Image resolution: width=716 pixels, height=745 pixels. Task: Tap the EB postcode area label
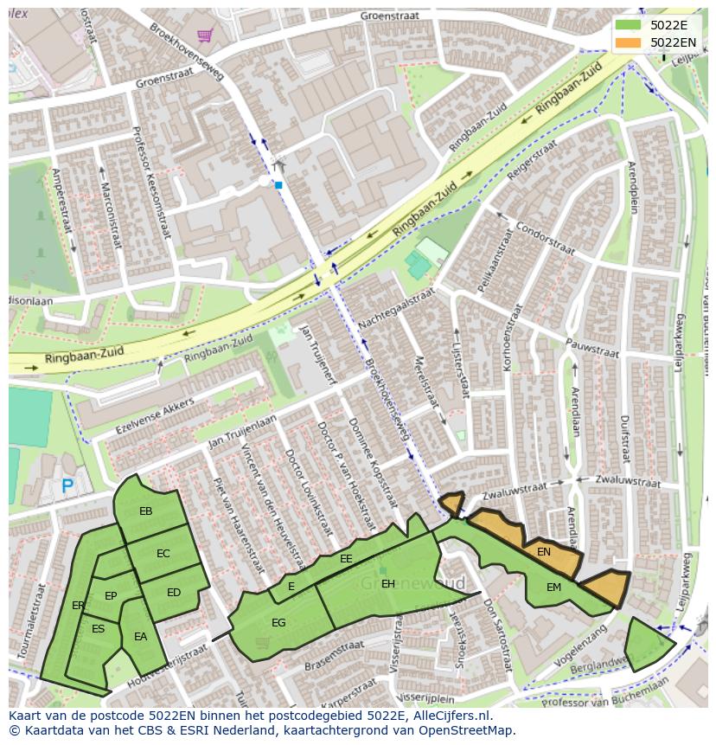click(x=145, y=511)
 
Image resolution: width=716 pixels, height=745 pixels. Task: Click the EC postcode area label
click(x=163, y=554)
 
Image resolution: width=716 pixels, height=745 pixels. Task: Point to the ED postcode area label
click(x=174, y=593)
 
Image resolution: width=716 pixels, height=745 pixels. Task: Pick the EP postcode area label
click(x=111, y=596)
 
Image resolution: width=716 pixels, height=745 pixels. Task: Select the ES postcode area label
click(x=98, y=629)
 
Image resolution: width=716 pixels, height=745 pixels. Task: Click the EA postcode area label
click(x=140, y=638)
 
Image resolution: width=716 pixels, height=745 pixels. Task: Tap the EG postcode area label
click(x=278, y=623)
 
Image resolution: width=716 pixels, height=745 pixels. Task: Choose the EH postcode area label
click(x=388, y=585)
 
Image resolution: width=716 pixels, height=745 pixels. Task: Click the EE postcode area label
click(x=346, y=560)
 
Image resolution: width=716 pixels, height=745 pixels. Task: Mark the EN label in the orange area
click(x=544, y=552)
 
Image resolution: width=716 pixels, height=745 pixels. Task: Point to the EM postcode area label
click(x=553, y=588)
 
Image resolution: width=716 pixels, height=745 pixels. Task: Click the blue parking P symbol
click(x=67, y=487)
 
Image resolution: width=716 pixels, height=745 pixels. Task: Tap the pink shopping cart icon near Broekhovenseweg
click(x=205, y=35)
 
